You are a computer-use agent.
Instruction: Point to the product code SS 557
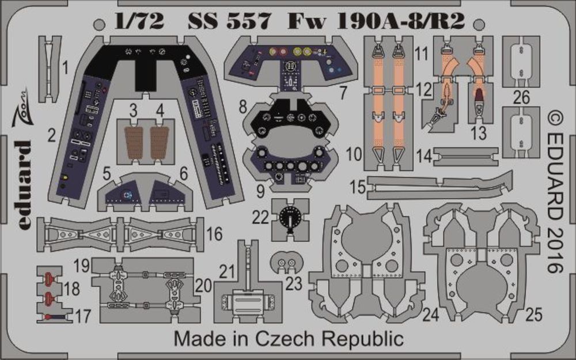pos(229,22)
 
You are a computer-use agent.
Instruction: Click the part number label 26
pos(521,98)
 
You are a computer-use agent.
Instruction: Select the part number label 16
pos(214,233)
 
